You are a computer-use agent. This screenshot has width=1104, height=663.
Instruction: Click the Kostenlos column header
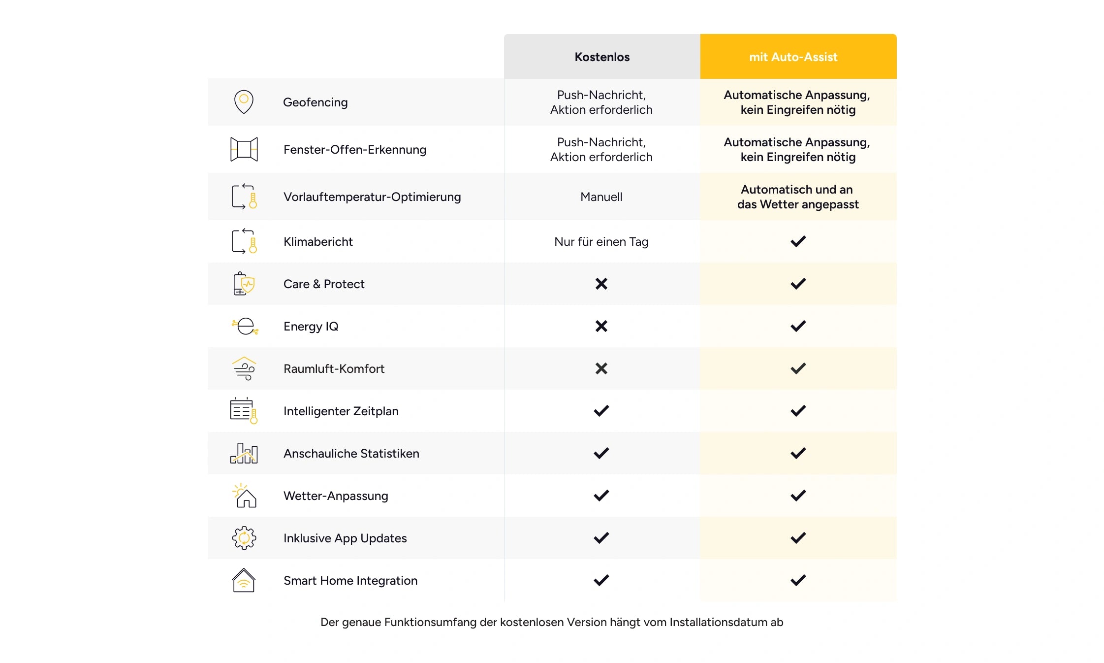[602, 57]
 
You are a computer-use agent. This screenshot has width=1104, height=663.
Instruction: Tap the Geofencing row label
[315, 102]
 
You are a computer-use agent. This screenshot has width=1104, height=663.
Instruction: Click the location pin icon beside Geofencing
[244, 102]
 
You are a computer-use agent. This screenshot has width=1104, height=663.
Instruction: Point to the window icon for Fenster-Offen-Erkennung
[244, 149]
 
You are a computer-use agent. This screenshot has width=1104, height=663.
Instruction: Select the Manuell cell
[601, 197]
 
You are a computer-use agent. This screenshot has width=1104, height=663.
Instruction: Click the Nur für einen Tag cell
[601, 242]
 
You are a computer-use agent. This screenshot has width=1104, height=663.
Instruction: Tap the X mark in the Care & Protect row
[601, 284]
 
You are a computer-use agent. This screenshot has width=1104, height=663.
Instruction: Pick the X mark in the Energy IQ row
[601, 326]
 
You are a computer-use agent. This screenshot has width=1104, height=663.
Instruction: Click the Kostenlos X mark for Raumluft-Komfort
[601, 368]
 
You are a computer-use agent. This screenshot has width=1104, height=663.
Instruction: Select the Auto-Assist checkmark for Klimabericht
[798, 241]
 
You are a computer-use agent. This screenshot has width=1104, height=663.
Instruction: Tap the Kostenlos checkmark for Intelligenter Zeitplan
[601, 411]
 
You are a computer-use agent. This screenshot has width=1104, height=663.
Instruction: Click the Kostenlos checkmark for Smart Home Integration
[601, 580]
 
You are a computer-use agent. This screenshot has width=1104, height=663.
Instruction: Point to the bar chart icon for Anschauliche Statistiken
[244, 453]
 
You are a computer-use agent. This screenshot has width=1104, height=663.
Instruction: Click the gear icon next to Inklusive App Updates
[244, 538]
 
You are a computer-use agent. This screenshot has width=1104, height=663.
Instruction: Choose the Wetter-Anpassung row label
[336, 496]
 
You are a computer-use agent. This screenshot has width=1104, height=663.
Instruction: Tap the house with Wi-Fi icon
[244, 580]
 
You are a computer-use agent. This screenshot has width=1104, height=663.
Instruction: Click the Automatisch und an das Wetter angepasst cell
[798, 197]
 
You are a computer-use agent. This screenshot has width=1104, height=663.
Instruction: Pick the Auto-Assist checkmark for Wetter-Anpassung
[798, 496]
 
